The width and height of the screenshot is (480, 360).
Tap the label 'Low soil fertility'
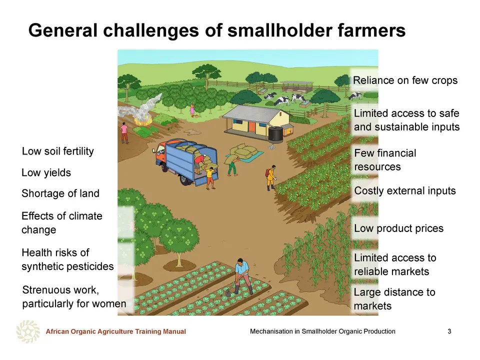click(x=58, y=151)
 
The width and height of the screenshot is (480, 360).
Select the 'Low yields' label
click(x=46, y=172)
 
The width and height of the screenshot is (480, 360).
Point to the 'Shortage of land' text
click(x=60, y=193)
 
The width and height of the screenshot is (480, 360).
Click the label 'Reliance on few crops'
click(x=405, y=80)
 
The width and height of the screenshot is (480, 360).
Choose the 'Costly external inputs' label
click(x=405, y=190)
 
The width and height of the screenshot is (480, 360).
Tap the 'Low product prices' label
click(x=399, y=228)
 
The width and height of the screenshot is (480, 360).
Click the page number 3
click(x=449, y=331)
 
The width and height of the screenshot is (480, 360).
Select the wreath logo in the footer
click(x=28, y=331)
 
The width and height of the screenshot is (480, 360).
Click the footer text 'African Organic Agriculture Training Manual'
click(x=115, y=331)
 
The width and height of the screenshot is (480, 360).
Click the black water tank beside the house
click(x=275, y=134)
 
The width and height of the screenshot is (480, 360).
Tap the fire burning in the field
click(x=141, y=120)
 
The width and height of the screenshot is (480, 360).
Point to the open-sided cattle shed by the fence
click(x=297, y=86)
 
